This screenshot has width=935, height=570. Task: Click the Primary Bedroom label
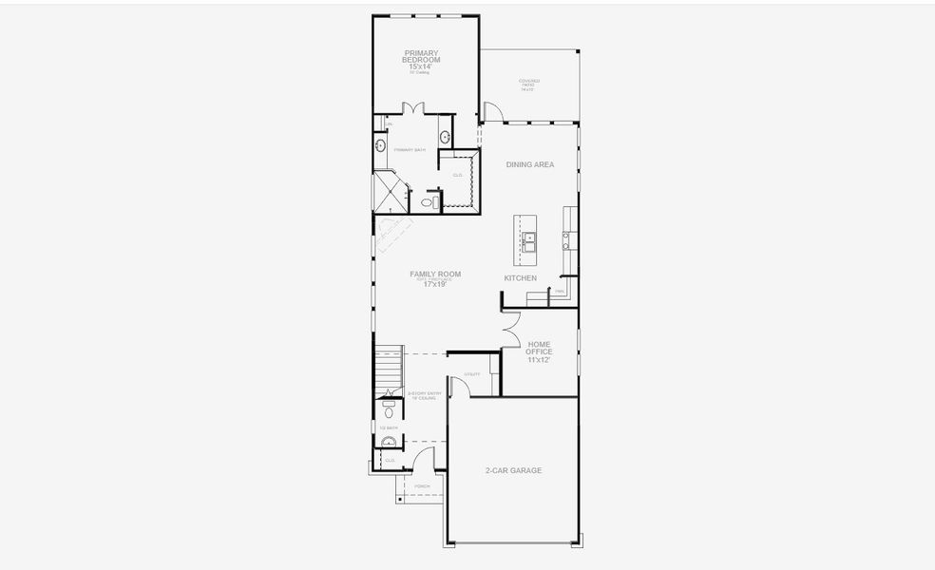[422, 56]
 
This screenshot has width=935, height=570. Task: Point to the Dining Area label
[529, 164]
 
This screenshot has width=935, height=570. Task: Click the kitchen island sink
[527, 238]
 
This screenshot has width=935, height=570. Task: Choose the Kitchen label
[520, 278]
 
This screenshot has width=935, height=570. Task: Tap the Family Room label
[435, 274]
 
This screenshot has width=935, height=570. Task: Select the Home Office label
[539, 349]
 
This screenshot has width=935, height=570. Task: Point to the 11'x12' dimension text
[539, 360]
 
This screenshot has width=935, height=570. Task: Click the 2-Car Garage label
[513, 470]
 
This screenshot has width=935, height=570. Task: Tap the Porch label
[422, 486]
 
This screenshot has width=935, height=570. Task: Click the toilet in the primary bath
[429, 202]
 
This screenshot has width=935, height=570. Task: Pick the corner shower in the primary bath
[388, 189]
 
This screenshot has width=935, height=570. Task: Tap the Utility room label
[472, 373]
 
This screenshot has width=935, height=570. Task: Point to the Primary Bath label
[410, 149]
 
